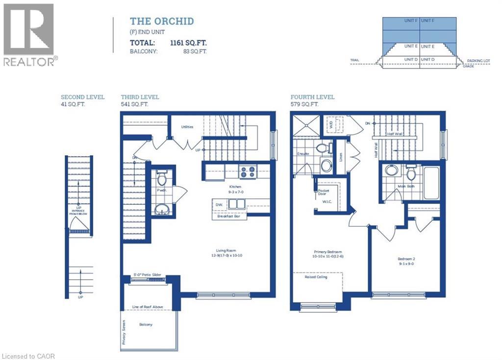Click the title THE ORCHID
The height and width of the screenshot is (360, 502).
[x=161, y=21]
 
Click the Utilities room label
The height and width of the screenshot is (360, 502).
[x=186, y=127]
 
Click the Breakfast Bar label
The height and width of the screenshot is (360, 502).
[x=229, y=216]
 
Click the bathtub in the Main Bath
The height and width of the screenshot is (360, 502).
[x=431, y=183]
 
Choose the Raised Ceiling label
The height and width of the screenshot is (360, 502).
[x=316, y=277]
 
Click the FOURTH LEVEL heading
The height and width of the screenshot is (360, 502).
[x=312, y=97]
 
